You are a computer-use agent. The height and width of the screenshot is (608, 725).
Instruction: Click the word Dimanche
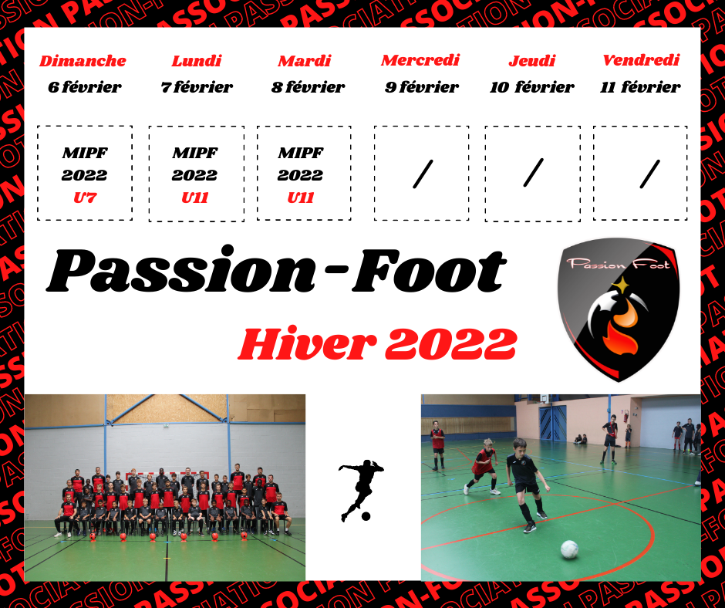coord(83,61)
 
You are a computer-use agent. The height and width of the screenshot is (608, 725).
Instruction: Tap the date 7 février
coord(197,86)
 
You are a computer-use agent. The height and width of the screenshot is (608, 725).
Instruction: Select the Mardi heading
coord(305,61)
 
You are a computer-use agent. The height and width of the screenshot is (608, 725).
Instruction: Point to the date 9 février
coord(422,86)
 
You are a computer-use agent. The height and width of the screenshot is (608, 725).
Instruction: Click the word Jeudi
coord(531,61)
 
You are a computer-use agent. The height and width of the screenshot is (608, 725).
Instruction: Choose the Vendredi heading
coord(641,59)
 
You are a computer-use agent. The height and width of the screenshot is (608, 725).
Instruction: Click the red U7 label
coord(85,198)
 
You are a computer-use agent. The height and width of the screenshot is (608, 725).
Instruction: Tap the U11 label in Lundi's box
coord(194,198)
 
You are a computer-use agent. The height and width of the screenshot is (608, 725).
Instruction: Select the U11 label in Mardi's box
coord(301,198)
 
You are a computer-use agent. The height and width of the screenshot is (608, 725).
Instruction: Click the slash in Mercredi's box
coord(423,174)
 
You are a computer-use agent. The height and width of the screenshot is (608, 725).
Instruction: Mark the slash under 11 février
coord(649,174)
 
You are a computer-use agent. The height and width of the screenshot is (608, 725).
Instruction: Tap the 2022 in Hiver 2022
coord(450,344)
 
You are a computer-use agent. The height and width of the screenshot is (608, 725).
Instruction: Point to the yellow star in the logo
coord(622,285)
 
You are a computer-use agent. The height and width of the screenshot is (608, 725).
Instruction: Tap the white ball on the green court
coord(569,549)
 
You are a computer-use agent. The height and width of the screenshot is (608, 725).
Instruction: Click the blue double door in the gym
coord(552,423)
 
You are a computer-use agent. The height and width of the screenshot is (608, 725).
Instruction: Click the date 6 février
coord(85,86)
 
